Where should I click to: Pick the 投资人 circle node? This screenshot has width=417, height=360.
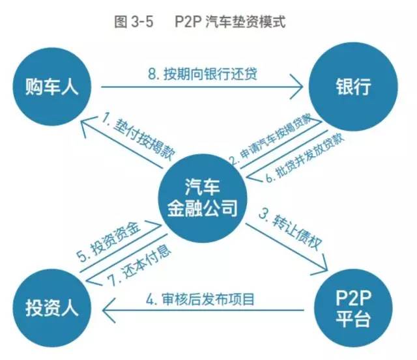[x=52, y=308]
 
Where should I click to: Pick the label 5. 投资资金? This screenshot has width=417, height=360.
[x=111, y=242]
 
